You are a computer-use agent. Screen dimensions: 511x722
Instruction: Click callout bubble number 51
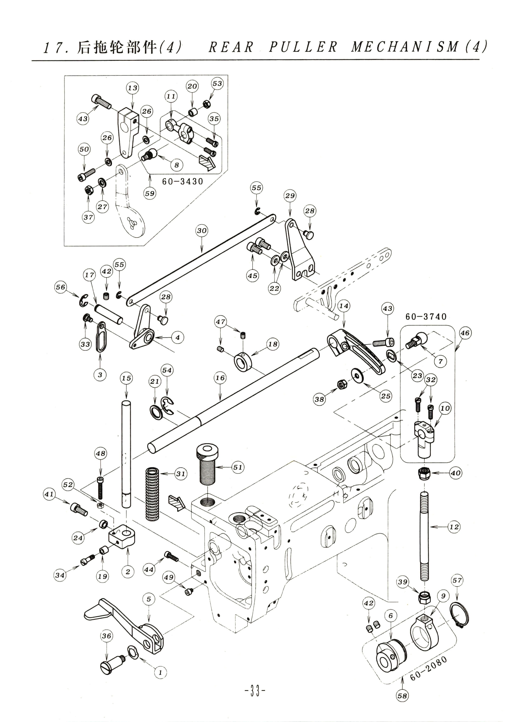click(x=238, y=467)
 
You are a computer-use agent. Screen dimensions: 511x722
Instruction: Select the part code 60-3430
click(x=183, y=182)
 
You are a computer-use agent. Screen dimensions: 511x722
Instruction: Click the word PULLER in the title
click(x=302, y=47)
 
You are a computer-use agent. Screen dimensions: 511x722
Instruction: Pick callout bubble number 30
click(x=202, y=231)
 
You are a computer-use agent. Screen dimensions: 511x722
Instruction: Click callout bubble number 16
click(x=220, y=378)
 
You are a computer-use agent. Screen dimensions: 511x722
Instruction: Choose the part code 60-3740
click(x=426, y=317)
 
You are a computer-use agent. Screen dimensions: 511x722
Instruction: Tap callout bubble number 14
click(x=344, y=306)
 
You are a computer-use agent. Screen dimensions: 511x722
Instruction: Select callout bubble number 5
click(x=149, y=599)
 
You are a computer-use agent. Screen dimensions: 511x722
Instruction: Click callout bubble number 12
click(x=454, y=527)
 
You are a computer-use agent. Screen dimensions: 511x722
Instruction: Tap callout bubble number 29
click(x=290, y=196)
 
